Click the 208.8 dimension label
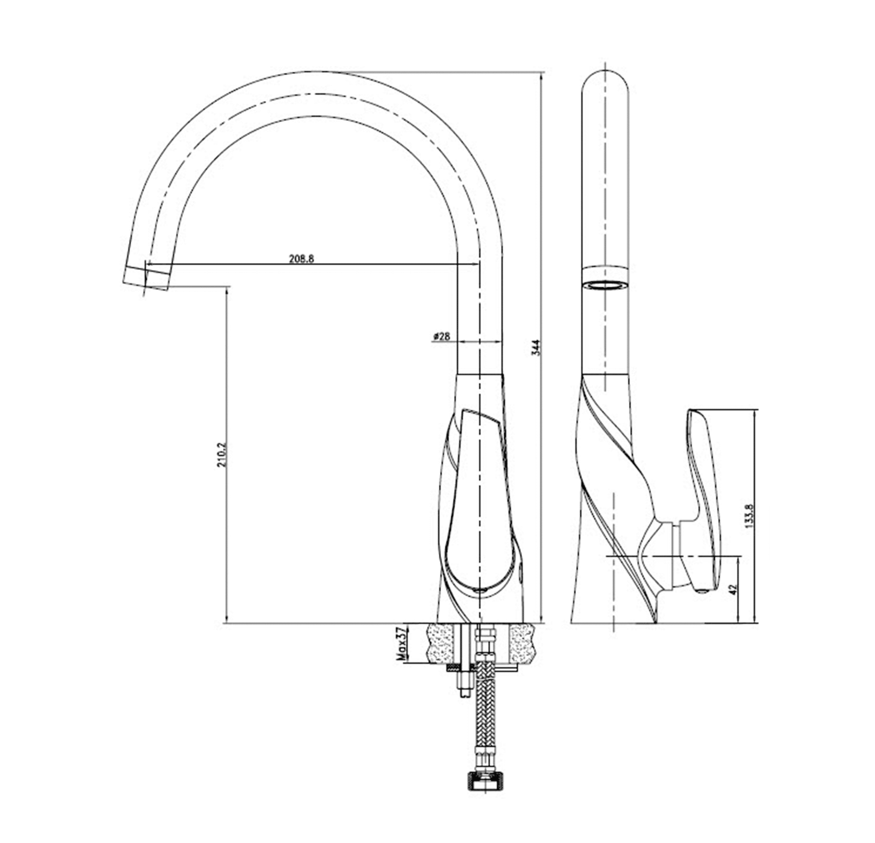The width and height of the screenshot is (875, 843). click(302, 258)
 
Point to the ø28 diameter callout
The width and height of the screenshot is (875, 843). click(441, 337)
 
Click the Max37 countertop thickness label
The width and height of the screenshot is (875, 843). click(401, 643)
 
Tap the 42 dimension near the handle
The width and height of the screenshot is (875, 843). click(734, 589)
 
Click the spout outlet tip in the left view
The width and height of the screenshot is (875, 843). click(146, 279)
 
